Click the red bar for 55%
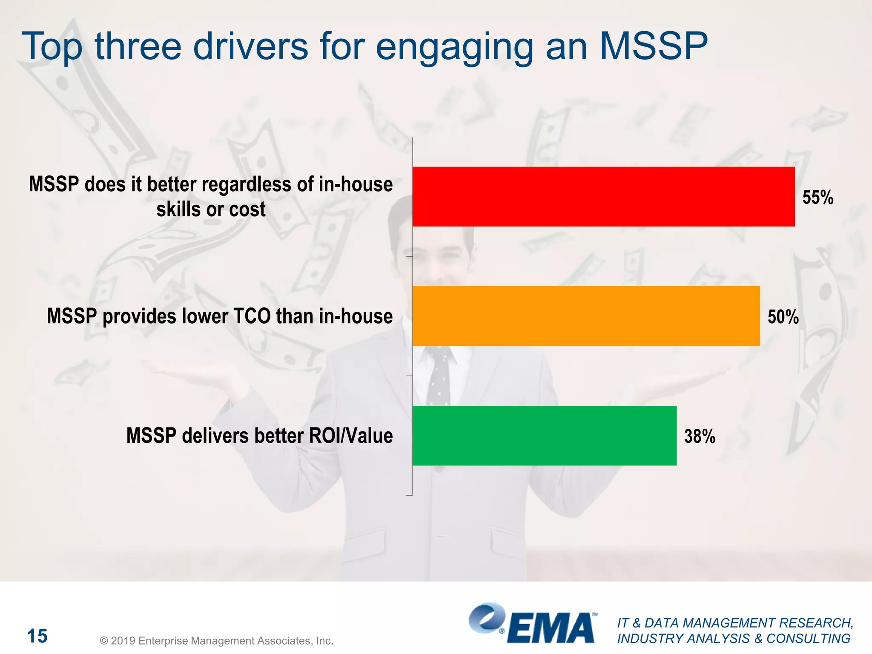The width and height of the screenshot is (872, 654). click(x=603, y=197)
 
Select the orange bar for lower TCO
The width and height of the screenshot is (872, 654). click(x=586, y=316)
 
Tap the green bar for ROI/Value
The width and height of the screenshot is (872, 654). click(x=544, y=436)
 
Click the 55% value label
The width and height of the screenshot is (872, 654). click(x=817, y=198)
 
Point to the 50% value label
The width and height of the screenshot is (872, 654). click(x=783, y=317)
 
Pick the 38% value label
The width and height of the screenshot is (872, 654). click(x=699, y=436)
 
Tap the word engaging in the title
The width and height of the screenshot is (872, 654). click(x=454, y=48)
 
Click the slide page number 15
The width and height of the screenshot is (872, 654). click(x=37, y=636)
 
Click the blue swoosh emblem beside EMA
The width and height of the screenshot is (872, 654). click(x=487, y=618)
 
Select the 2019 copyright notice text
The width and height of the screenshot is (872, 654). click(x=216, y=641)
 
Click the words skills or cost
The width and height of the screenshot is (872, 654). click(x=211, y=209)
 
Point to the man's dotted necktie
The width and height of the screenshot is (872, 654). click(x=439, y=377)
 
